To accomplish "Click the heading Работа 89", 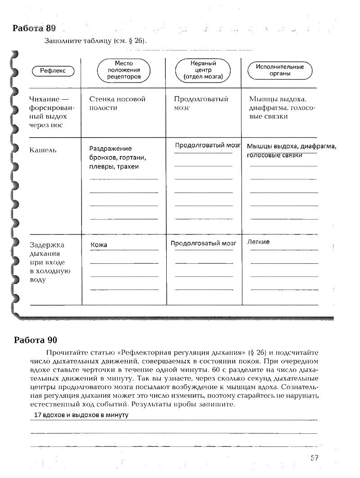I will pyautogui.click(x=34, y=28).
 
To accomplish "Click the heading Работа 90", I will pyautogui.click(x=36, y=340).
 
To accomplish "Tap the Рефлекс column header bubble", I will pyautogui.click(x=53, y=71).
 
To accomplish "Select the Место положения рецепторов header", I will pyautogui.click(x=124, y=70).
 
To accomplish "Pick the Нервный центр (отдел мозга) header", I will pyautogui.click(x=203, y=70).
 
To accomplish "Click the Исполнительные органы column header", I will pyautogui.click(x=280, y=70).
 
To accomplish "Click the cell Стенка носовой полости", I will pyautogui.click(x=117, y=103).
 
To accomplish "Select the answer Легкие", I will pyautogui.click(x=259, y=242).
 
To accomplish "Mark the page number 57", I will pyautogui.click(x=314, y=458).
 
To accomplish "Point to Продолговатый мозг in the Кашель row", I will pyautogui.click(x=208, y=145).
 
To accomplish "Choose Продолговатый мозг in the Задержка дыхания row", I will pyautogui.click(x=203, y=243).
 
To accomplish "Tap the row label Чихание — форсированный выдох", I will pyautogui.click(x=51, y=112).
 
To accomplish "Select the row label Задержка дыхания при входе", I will pyautogui.click(x=50, y=262).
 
